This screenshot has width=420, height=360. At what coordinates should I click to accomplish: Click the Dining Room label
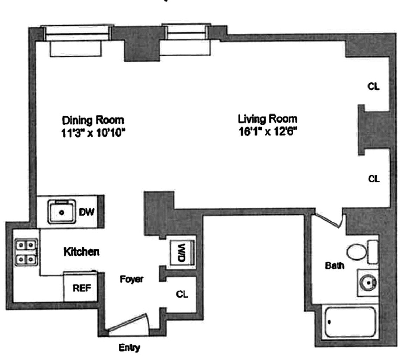(93, 120)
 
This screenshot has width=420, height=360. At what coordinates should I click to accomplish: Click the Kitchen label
(81, 251)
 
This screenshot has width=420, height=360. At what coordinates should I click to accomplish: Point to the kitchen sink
(62, 211)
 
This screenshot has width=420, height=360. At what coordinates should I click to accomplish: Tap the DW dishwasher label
(86, 212)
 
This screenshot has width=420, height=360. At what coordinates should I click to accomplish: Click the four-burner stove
(26, 251)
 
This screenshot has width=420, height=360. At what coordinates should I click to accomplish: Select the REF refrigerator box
(82, 288)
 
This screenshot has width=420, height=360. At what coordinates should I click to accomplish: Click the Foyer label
(131, 279)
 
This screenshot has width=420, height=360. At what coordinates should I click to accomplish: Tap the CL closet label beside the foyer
(182, 294)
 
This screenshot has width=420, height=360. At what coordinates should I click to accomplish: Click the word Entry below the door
(129, 348)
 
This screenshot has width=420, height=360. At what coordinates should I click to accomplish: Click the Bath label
(334, 265)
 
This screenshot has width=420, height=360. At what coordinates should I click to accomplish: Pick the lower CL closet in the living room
(373, 179)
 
